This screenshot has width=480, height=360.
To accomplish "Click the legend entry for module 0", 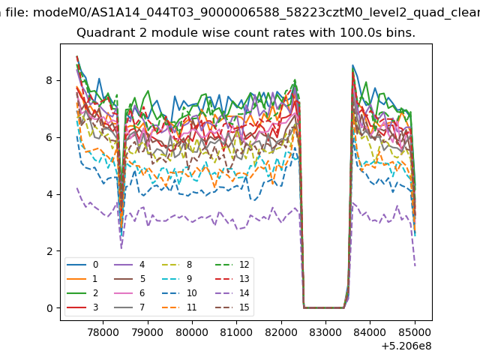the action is pyautogui.click(x=82, y=265).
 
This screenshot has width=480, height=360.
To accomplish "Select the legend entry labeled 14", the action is pyautogui.click(x=232, y=293).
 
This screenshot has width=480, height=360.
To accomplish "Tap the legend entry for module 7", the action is pyautogui.click(x=129, y=307).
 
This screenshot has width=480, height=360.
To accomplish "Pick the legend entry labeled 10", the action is pyautogui.click(x=179, y=293).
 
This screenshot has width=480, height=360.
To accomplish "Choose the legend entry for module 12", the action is pyautogui.click(x=232, y=265).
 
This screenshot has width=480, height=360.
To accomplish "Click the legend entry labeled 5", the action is pyautogui.click(x=129, y=278).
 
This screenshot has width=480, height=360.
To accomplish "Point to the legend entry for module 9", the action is pyautogui.click(x=177, y=278).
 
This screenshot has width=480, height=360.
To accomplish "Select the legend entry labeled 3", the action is pyautogui.click(x=82, y=307).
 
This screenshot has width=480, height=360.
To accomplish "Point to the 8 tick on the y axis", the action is pyautogui.click(x=49, y=80).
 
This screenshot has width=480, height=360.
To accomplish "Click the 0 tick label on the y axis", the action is pyautogui.click(x=49, y=308).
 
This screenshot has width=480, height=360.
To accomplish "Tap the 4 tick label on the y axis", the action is pyautogui.click(x=49, y=194).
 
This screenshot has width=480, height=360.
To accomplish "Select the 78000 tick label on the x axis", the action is pyautogui.click(x=103, y=332).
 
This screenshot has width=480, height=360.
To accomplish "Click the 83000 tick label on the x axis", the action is pyautogui.click(x=325, y=332).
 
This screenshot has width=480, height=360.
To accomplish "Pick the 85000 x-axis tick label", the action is pyautogui.click(x=415, y=332).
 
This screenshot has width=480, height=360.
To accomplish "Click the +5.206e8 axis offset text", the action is pyautogui.click(x=406, y=346).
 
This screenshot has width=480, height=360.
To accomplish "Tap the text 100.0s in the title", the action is pyautogui.click(x=361, y=32).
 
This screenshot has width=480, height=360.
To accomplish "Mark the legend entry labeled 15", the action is pyautogui.click(x=232, y=307).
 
